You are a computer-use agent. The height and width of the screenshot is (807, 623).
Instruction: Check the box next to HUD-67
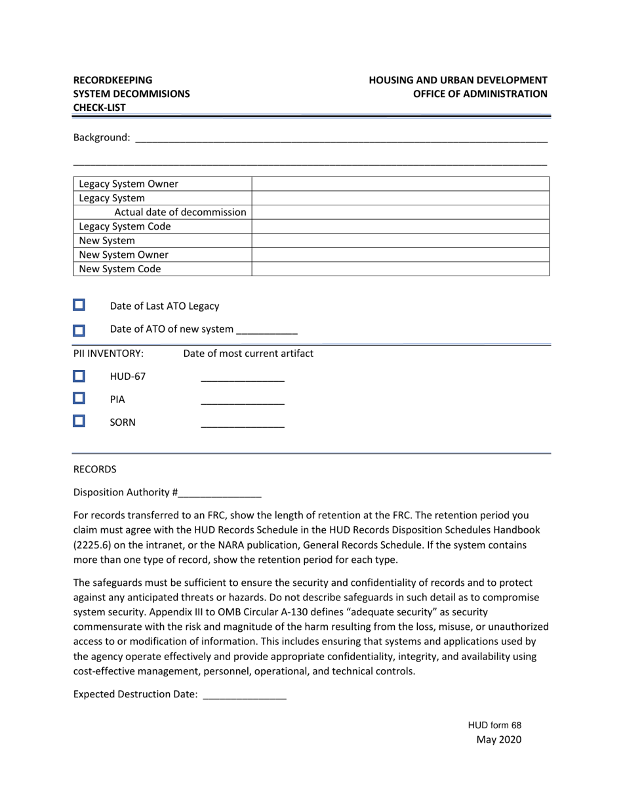tap(79, 376)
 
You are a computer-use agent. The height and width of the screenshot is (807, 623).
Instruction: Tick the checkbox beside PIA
tap(79, 398)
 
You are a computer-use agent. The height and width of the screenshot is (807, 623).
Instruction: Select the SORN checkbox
tap(79, 421)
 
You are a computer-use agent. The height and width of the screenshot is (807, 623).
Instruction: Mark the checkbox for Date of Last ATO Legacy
tap(79, 305)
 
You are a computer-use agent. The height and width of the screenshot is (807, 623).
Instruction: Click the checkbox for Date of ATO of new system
tap(79, 330)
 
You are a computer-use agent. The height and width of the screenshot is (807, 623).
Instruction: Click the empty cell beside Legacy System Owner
tap(400, 184)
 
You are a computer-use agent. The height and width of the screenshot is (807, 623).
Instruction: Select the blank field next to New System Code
tap(400, 269)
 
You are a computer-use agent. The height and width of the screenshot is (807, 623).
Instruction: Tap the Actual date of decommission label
tap(180, 212)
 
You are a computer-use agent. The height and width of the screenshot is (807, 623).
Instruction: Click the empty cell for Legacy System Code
tap(400, 226)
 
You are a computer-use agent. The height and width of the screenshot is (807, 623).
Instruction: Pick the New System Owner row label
tap(123, 255)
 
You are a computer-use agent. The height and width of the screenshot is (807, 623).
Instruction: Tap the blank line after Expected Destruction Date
tap(245, 695)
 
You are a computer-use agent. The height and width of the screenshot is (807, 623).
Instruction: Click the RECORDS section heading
tap(94, 469)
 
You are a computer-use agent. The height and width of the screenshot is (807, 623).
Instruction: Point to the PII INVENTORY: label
tap(108, 354)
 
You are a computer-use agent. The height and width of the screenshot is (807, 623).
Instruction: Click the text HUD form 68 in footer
tap(494, 725)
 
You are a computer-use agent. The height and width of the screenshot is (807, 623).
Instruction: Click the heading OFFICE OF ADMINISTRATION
tap(480, 94)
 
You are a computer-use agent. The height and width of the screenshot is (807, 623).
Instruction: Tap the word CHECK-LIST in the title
tap(100, 108)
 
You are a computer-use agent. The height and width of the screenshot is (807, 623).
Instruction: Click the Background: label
tap(102, 138)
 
